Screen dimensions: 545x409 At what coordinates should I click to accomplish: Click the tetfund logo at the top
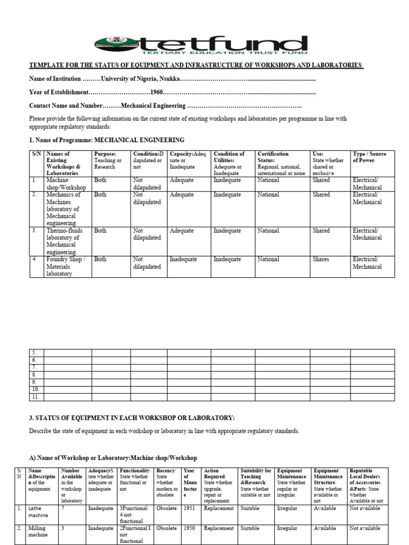coord(201,46)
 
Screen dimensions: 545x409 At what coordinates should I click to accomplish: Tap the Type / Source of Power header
coord(370,157)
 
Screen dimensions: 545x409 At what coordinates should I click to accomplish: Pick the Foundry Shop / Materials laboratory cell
coord(66,266)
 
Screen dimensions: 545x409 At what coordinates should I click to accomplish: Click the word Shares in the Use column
coord(321,260)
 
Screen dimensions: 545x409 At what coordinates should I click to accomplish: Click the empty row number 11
coord(35,397)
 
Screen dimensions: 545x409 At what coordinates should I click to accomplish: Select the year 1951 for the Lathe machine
coord(189,509)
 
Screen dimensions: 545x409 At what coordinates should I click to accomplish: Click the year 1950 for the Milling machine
coord(189,529)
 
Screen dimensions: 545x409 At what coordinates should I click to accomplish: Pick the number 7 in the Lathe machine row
coord(63,509)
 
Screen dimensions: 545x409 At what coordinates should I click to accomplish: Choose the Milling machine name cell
coord(37,532)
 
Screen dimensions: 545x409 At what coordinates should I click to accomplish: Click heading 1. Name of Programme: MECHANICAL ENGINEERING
coord(107,140)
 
